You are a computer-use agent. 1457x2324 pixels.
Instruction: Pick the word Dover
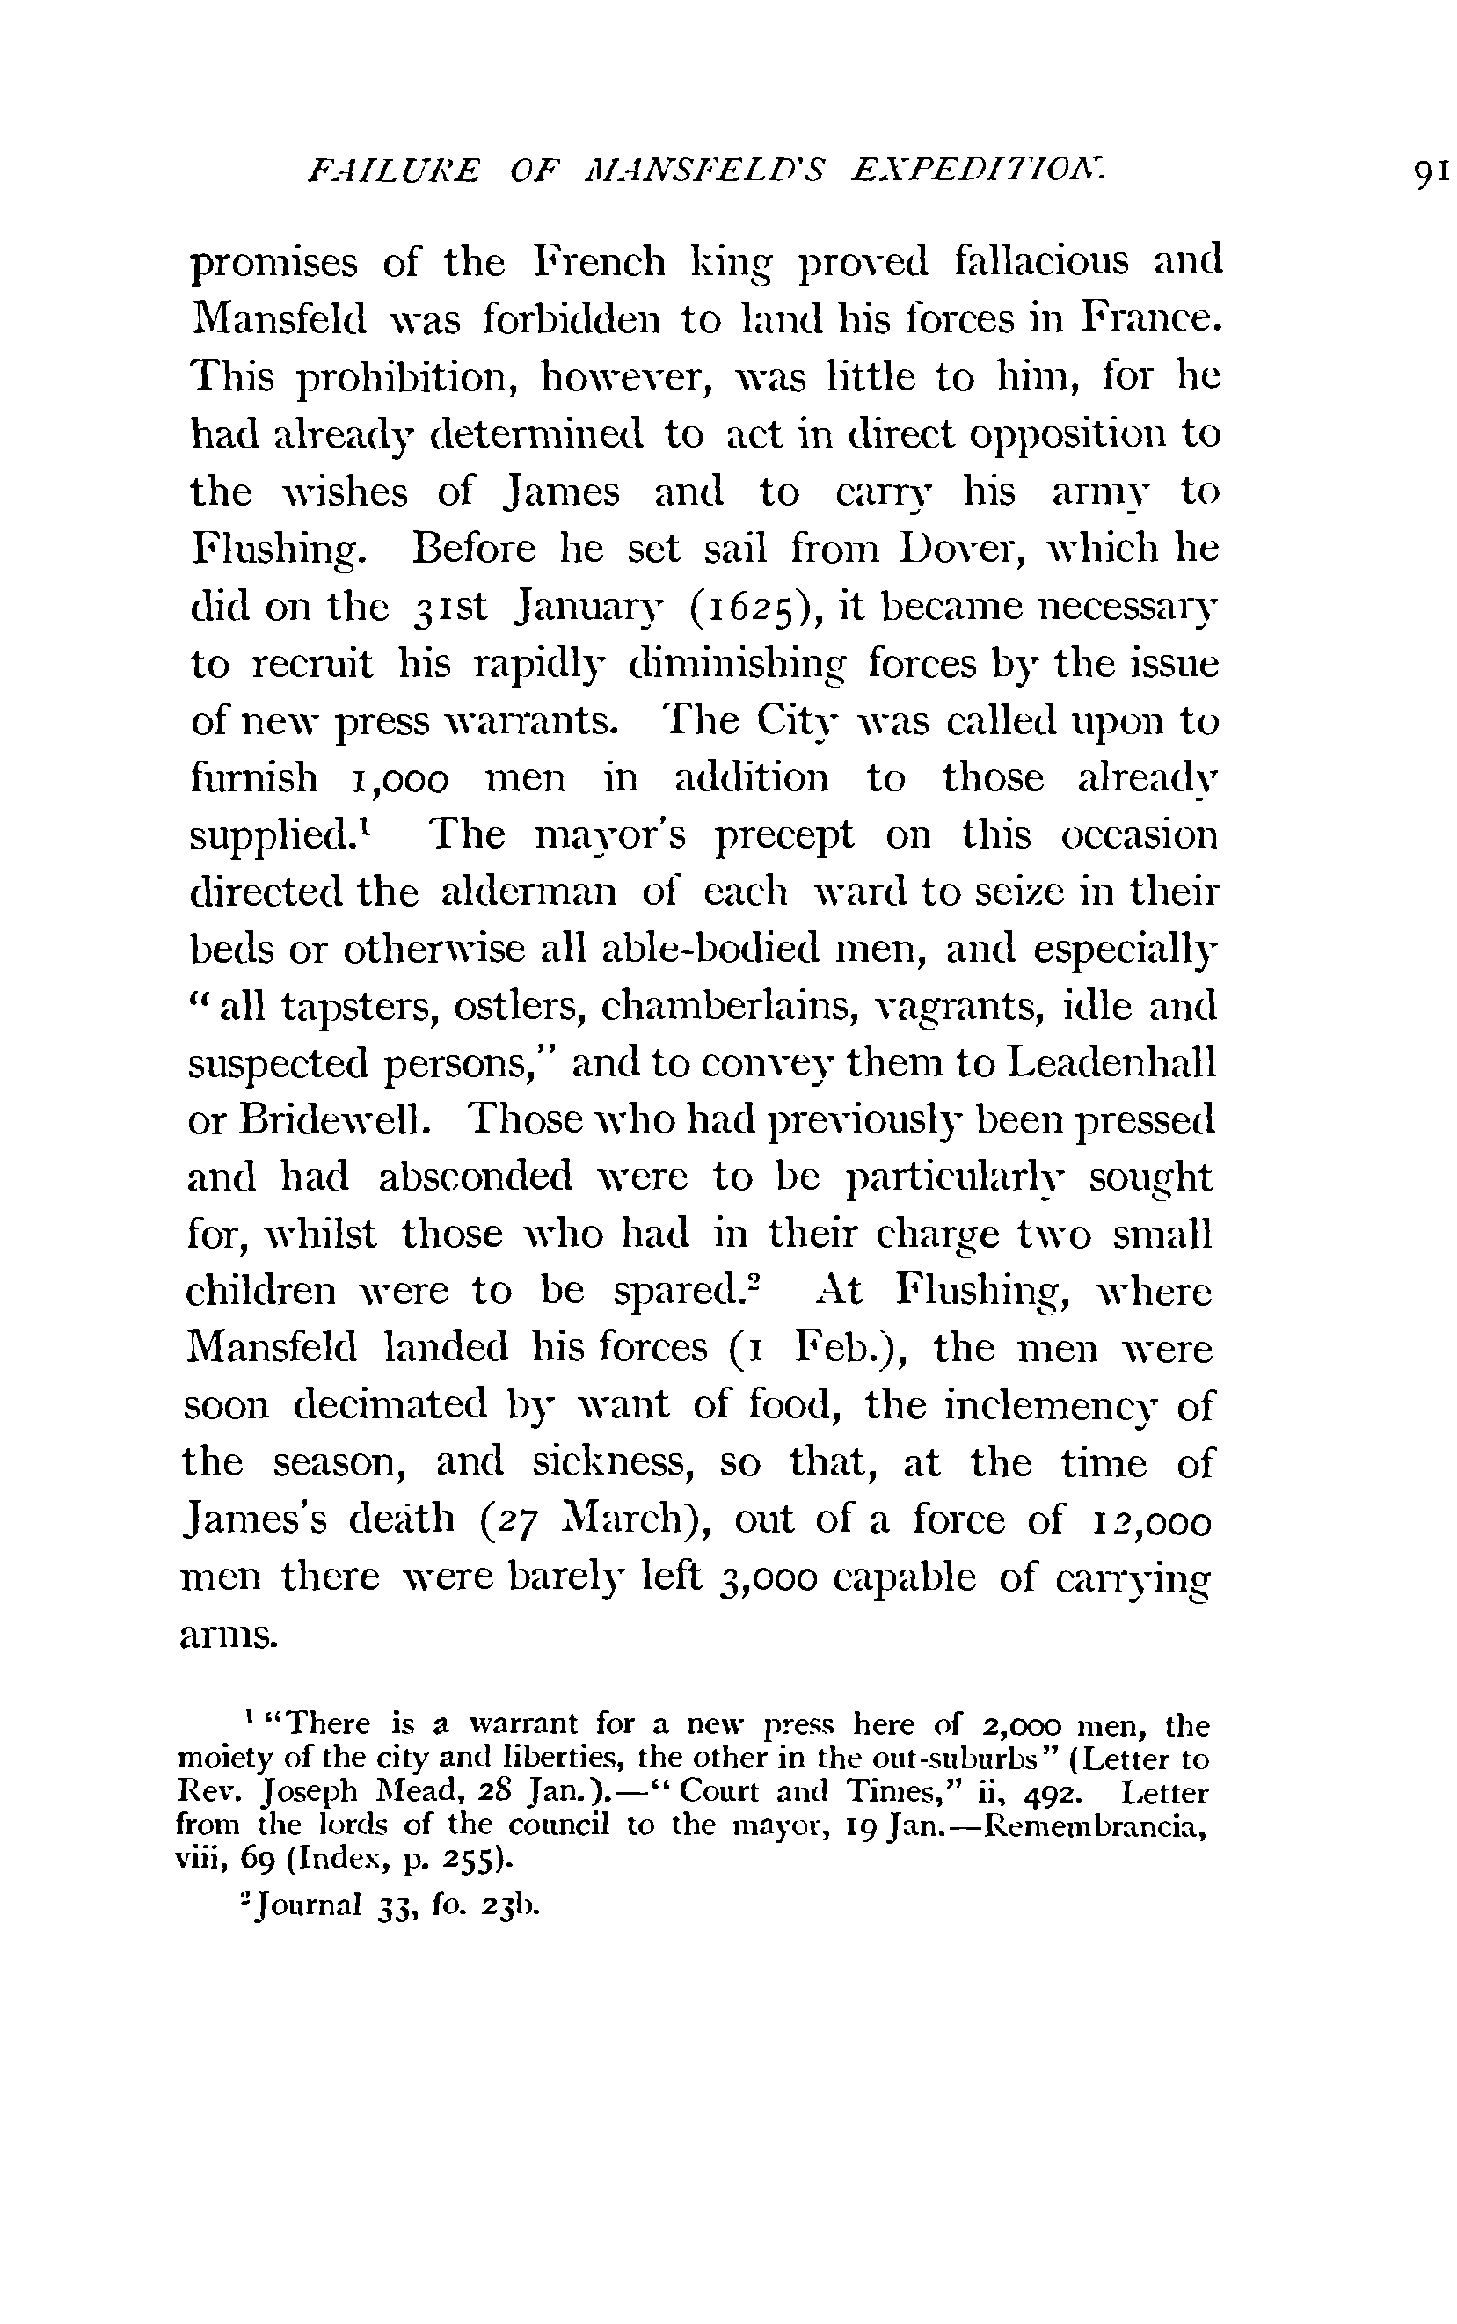[960, 550]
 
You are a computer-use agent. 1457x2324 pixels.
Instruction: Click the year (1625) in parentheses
[754, 608]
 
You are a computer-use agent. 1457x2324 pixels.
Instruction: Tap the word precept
[784, 836]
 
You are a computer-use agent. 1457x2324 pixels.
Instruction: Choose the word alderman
[528, 893]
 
